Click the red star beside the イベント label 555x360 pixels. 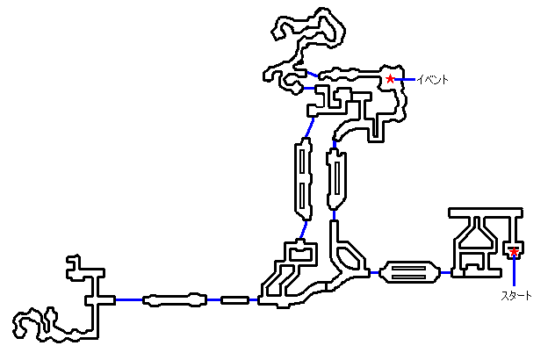tap(390, 79)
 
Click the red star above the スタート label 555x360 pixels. tap(514, 253)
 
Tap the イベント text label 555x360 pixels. tap(432, 80)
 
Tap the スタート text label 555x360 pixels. tap(515, 296)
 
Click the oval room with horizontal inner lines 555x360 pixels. tap(410, 272)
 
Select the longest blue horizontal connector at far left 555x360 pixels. tap(128, 299)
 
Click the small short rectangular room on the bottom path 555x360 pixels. tap(234, 299)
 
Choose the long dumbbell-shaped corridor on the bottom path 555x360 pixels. tap(175, 299)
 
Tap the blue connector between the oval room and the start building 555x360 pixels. tap(444, 272)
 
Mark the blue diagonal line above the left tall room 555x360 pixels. tap(308, 130)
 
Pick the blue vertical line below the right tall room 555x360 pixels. tap(335, 214)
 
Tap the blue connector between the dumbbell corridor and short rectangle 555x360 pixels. tap(213, 299)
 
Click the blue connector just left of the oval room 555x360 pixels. tap(375, 272)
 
